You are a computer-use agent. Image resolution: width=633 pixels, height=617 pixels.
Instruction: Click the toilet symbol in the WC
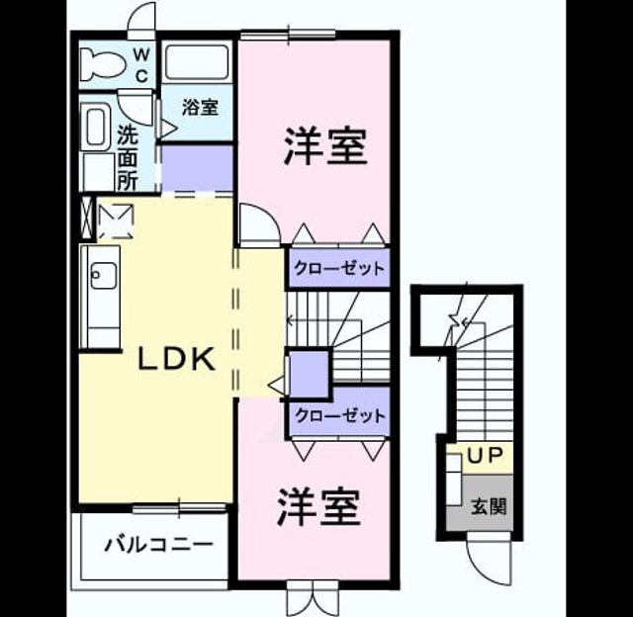103,63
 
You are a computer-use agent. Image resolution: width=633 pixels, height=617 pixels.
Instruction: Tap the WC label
141,64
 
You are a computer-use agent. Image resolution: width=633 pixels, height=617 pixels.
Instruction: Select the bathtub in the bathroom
197,62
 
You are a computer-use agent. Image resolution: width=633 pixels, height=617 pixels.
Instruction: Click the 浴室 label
200,108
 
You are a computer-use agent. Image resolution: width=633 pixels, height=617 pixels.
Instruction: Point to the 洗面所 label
128,158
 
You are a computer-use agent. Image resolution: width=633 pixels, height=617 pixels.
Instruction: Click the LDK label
176,359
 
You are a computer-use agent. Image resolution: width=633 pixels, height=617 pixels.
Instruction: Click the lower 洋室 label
318,507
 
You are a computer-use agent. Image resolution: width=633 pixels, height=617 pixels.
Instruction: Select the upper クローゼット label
339,268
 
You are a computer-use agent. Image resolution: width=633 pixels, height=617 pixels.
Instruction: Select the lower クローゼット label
340,415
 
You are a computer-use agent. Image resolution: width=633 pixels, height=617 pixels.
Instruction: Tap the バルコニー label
158,545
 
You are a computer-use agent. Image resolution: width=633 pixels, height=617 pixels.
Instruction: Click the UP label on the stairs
486,456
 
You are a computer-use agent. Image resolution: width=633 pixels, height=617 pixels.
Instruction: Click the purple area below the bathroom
197,168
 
